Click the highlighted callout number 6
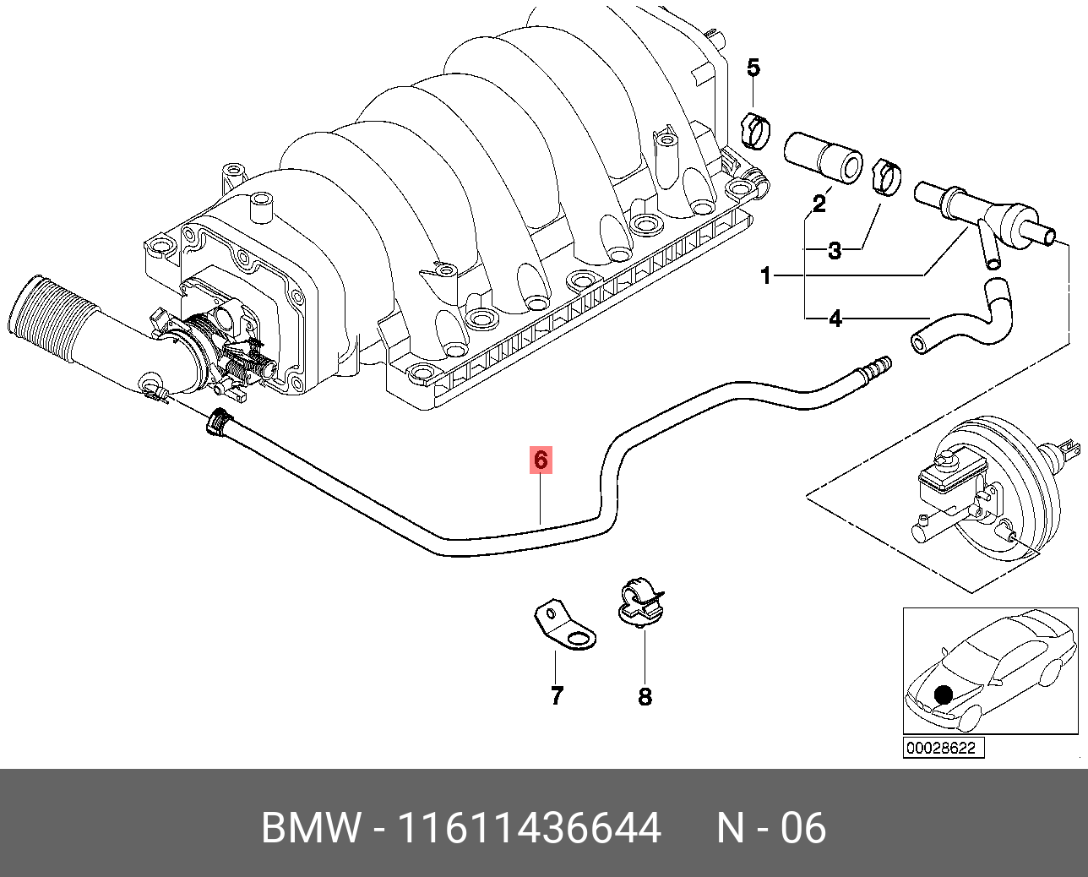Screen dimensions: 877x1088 coord(541,460)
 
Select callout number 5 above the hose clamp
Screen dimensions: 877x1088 coord(753,68)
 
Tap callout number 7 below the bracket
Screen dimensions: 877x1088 coord(557,695)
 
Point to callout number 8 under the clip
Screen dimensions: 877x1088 coord(645,697)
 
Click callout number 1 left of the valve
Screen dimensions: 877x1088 coord(766,275)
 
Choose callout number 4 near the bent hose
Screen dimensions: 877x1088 coord(835,319)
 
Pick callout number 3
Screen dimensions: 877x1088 coord(835,250)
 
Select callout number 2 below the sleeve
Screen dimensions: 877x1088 coord(819,203)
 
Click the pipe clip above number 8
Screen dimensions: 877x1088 coord(640,602)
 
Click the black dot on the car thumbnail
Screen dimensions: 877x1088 coord(944,695)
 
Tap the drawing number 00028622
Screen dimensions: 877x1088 coord(944,748)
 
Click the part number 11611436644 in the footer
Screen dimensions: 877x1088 coord(529,828)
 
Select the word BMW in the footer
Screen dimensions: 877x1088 coord(311,828)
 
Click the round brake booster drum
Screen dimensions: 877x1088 coord(1014,490)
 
